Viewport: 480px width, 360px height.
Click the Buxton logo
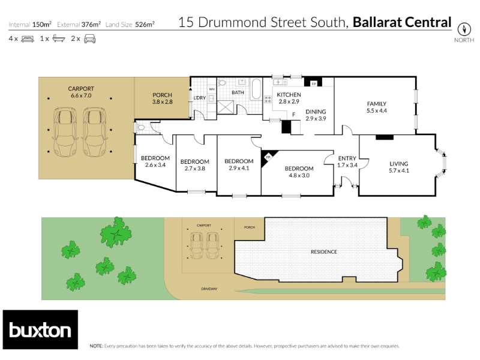point(40,329)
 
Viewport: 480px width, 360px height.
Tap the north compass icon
point(464,29)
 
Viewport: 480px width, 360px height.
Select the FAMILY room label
point(377,104)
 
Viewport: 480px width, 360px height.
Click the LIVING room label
point(398,164)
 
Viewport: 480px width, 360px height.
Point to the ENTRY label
point(347,158)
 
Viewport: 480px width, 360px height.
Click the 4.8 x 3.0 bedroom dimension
point(299,175)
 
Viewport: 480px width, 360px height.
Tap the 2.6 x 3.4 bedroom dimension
point(155,165)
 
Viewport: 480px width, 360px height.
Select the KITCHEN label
point(289,95)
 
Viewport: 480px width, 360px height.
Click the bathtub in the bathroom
point(256,89)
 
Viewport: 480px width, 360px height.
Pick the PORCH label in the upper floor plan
point(162,95)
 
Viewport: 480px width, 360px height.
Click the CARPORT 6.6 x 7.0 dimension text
point(81,95)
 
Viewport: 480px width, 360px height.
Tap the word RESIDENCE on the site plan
point(324,251)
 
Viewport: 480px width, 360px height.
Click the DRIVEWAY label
point(209,289)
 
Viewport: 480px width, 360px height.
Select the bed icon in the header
point(28,39)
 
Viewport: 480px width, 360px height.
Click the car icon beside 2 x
point(89,39)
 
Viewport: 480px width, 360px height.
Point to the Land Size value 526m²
point(145,25)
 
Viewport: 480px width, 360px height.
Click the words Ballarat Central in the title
point(402,22)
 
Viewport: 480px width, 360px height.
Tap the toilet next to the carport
point(140,127)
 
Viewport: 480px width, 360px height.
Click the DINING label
point(316,112)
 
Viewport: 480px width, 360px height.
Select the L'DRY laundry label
point(200,98)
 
